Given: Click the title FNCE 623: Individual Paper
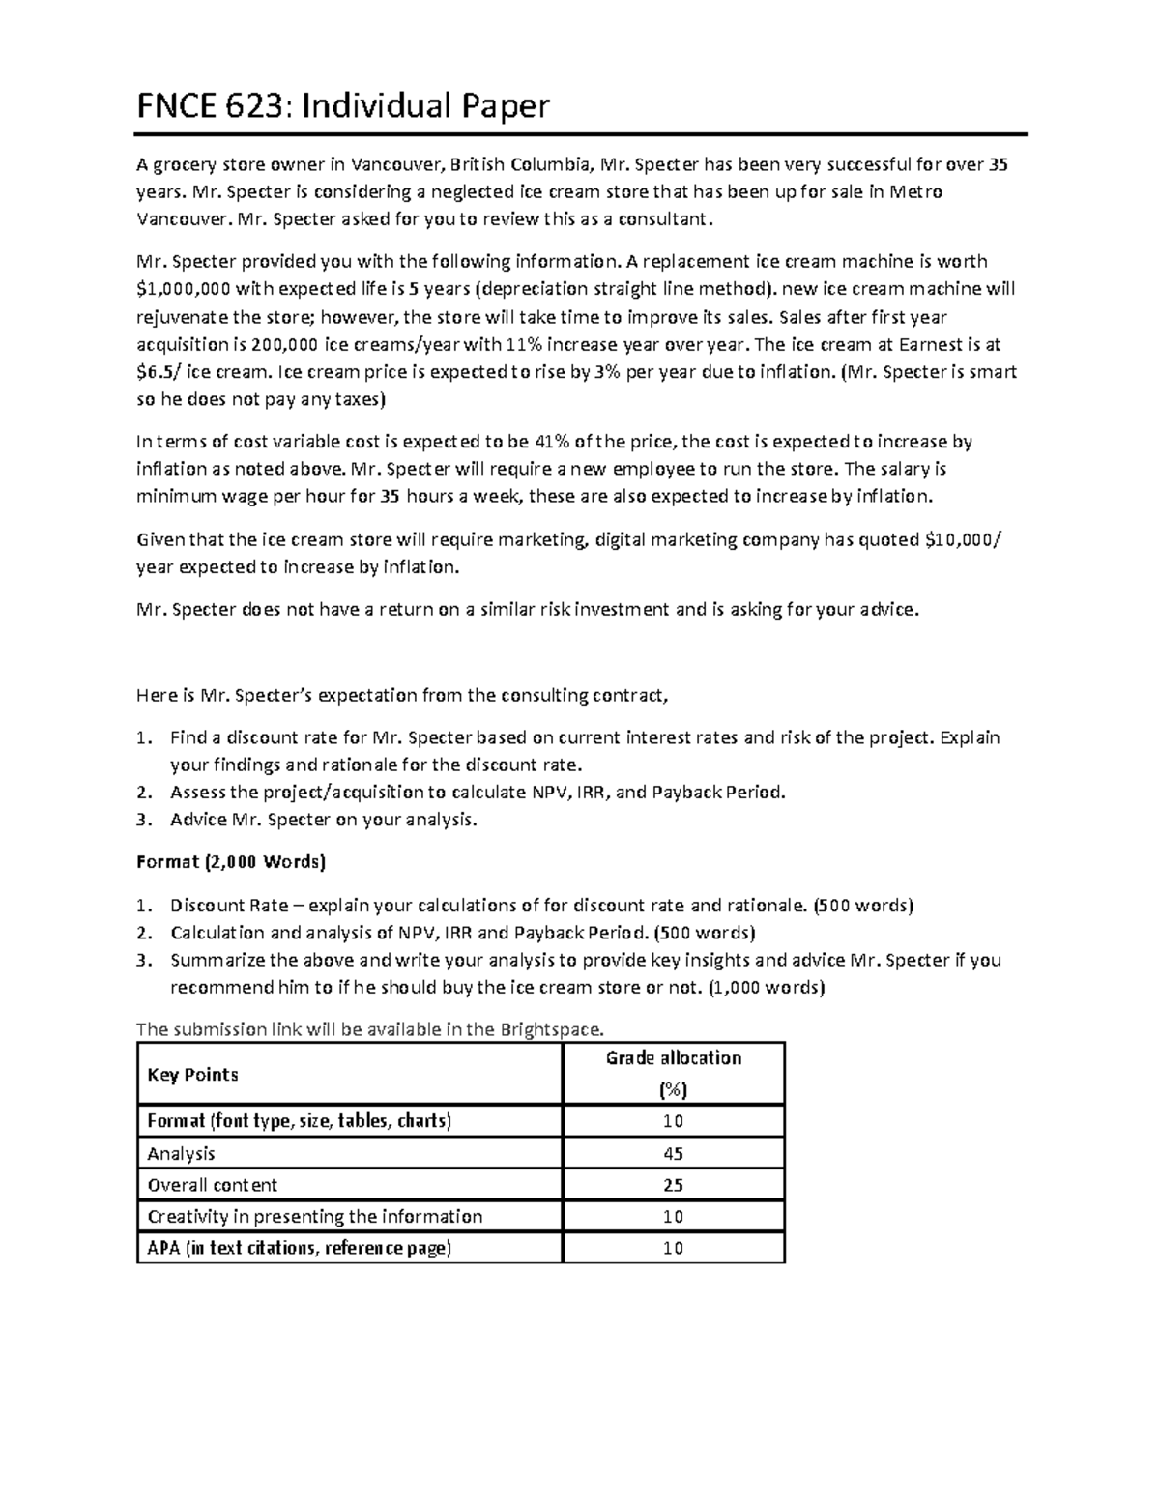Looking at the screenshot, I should pyautogui.click(x=342, y=106).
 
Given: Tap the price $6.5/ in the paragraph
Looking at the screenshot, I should pyautogui.click(x=159, y=372).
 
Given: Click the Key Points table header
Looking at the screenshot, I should pyautogui.click(x=192, y=1075).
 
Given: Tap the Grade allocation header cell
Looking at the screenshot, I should pyautogui.click(x=673, y=1058).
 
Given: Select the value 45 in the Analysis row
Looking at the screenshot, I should pyautogui.click(x=673, y=1153).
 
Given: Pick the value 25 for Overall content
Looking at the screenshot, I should pyautogui.click(x=673, y=1185).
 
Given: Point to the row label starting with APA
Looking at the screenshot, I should pyautogui.click(x=299, y=1248).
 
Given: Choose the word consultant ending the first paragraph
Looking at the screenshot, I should pyautogui.click(x=665, y=218).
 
